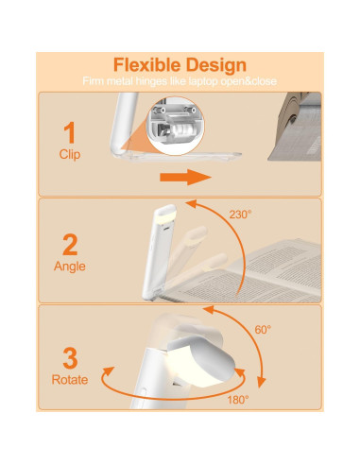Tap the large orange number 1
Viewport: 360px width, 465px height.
69,131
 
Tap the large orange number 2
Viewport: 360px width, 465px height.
69,245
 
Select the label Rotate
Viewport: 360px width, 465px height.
69,379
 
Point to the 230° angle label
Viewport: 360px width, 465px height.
241,215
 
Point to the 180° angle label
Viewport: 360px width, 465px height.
238,400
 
